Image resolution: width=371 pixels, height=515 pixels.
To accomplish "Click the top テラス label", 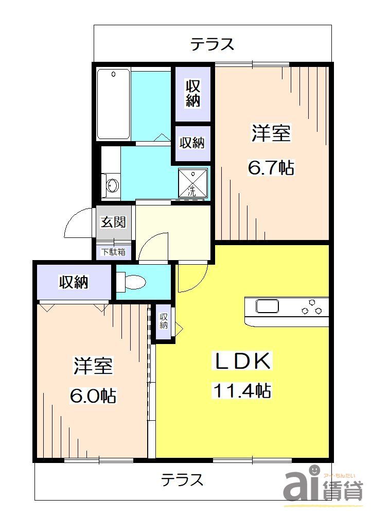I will (x=212, y=44).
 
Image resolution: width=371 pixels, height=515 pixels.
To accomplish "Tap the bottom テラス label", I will (x=182, y=480).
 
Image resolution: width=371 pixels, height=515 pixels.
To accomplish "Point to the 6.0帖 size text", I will (x=93, y=396).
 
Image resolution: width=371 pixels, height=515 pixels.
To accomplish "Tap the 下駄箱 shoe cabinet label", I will (x=113, y=252).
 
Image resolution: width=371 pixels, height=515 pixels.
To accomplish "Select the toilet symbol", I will (x=132, y=282).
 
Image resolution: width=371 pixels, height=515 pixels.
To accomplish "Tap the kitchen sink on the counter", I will (x=268, y=307).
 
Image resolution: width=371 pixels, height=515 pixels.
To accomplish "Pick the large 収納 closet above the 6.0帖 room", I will (x=74, y=282).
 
